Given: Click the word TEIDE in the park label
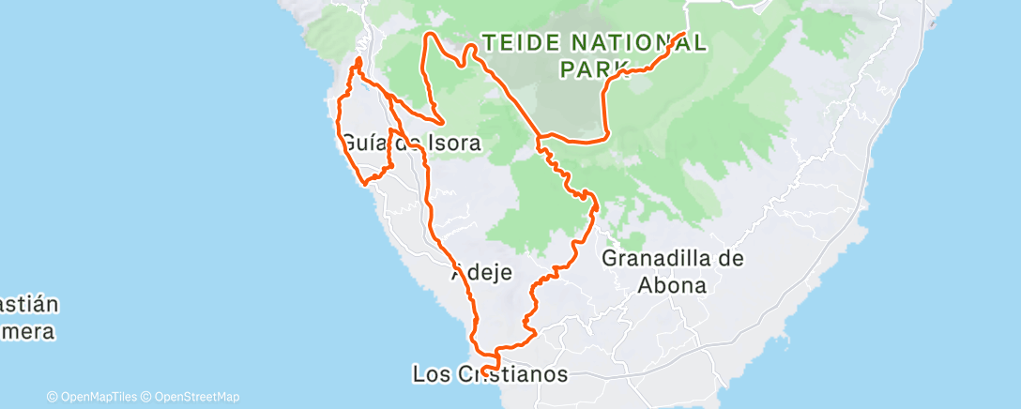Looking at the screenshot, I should [520, 42].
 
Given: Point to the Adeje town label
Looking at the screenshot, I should [481, 274].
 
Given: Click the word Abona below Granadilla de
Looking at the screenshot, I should [674, 285].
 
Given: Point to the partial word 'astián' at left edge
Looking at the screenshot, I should [29, 305].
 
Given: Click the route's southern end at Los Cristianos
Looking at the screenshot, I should [485, 371].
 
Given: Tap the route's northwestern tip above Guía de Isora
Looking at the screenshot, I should [358, 62].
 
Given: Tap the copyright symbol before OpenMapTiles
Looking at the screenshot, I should [53, 397].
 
